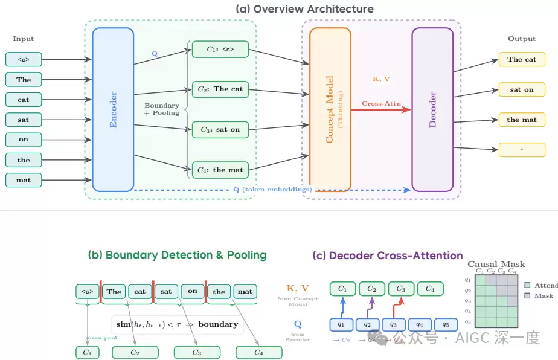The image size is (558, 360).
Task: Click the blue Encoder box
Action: pos(113,109)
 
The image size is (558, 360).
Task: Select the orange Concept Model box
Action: pos(330,109)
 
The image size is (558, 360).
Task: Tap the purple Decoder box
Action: pos(432,109)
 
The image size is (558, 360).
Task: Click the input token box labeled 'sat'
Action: pos(24,120)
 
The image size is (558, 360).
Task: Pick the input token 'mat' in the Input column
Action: pos(24,179)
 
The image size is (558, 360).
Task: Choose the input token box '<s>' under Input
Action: pos(24,59)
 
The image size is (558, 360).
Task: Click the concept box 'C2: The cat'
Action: pos(220,89)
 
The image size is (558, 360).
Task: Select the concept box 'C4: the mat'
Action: pos(220,170)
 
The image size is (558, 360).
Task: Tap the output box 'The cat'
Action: pos(522,59)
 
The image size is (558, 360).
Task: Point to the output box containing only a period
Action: pos(522,149)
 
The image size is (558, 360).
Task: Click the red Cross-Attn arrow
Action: pos(380,110)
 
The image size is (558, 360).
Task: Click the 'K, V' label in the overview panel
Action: pos(382,79)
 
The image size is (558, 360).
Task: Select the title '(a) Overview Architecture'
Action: pos(304,9)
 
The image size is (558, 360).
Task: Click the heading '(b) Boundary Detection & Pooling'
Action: pos(178,255)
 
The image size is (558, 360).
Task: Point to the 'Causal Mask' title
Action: pos(496,264)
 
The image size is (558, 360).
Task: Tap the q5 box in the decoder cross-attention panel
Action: pos(446,324)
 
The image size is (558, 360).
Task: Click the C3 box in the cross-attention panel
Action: pos(401,289)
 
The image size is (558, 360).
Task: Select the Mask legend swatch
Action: pos(528,296)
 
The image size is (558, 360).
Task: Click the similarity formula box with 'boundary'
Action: pos(177,324)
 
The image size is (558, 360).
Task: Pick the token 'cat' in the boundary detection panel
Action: pos(139,292)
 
